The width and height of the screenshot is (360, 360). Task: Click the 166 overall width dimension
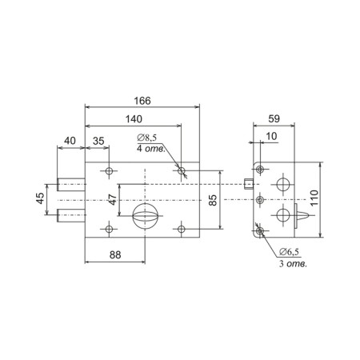pyautogui.click(x=142, y=101)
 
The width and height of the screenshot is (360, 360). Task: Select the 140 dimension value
pyautogui.click(x=134, y=119)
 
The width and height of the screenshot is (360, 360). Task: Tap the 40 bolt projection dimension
pyautogui.click(x=70, y=141)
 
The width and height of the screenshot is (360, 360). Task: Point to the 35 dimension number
pyautogui.click(x=98, y=141)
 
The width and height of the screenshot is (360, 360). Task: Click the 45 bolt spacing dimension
pyautogui.click(x=41, y=198)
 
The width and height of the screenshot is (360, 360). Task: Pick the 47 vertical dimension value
pyautogui.click(x=113, y=199)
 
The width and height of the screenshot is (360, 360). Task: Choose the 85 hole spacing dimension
pyautogui.click(x=213, y=200)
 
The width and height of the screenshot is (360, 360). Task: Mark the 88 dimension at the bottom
pyautogui.click(x=115, y=255)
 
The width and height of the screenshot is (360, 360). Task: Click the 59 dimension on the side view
pyautogui.click(x=274, y=118)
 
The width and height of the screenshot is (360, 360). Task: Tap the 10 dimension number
pyautogui.click(x=271, y=136)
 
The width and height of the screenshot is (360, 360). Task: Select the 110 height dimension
pyautogui.click(x=314, y=198)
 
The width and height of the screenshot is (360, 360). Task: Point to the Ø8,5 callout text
pyautogui.click(x=147, y=138)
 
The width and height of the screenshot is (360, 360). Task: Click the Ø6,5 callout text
pyautogui.click(x=289, y=251)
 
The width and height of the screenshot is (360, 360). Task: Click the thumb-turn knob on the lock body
pyautogui.click(x=145, y=216)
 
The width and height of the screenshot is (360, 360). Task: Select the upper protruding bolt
pyautogui.click(x=71, y=185)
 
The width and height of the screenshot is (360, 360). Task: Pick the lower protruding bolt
pyautogui.click(x=71, y=215)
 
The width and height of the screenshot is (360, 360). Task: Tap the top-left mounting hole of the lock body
pyautogui.click(x=109, y=170)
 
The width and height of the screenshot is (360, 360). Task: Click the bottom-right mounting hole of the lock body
pyautogui.click(x=182, y=229)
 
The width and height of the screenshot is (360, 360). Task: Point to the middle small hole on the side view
pyautogui.click(x=260, y=200)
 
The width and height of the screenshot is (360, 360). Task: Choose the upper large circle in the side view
pyautogui.click(x=283, y=185)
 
